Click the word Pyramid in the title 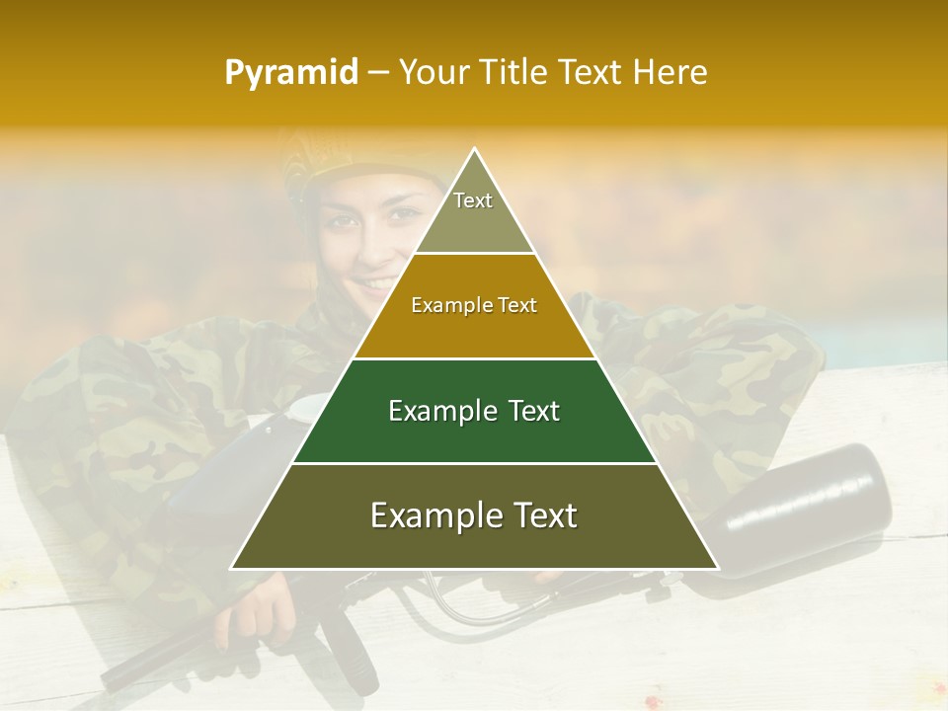pos(291,73)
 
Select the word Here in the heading pos(671,73)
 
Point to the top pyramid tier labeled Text pos(473,212)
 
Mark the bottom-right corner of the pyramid pos(716,568)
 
